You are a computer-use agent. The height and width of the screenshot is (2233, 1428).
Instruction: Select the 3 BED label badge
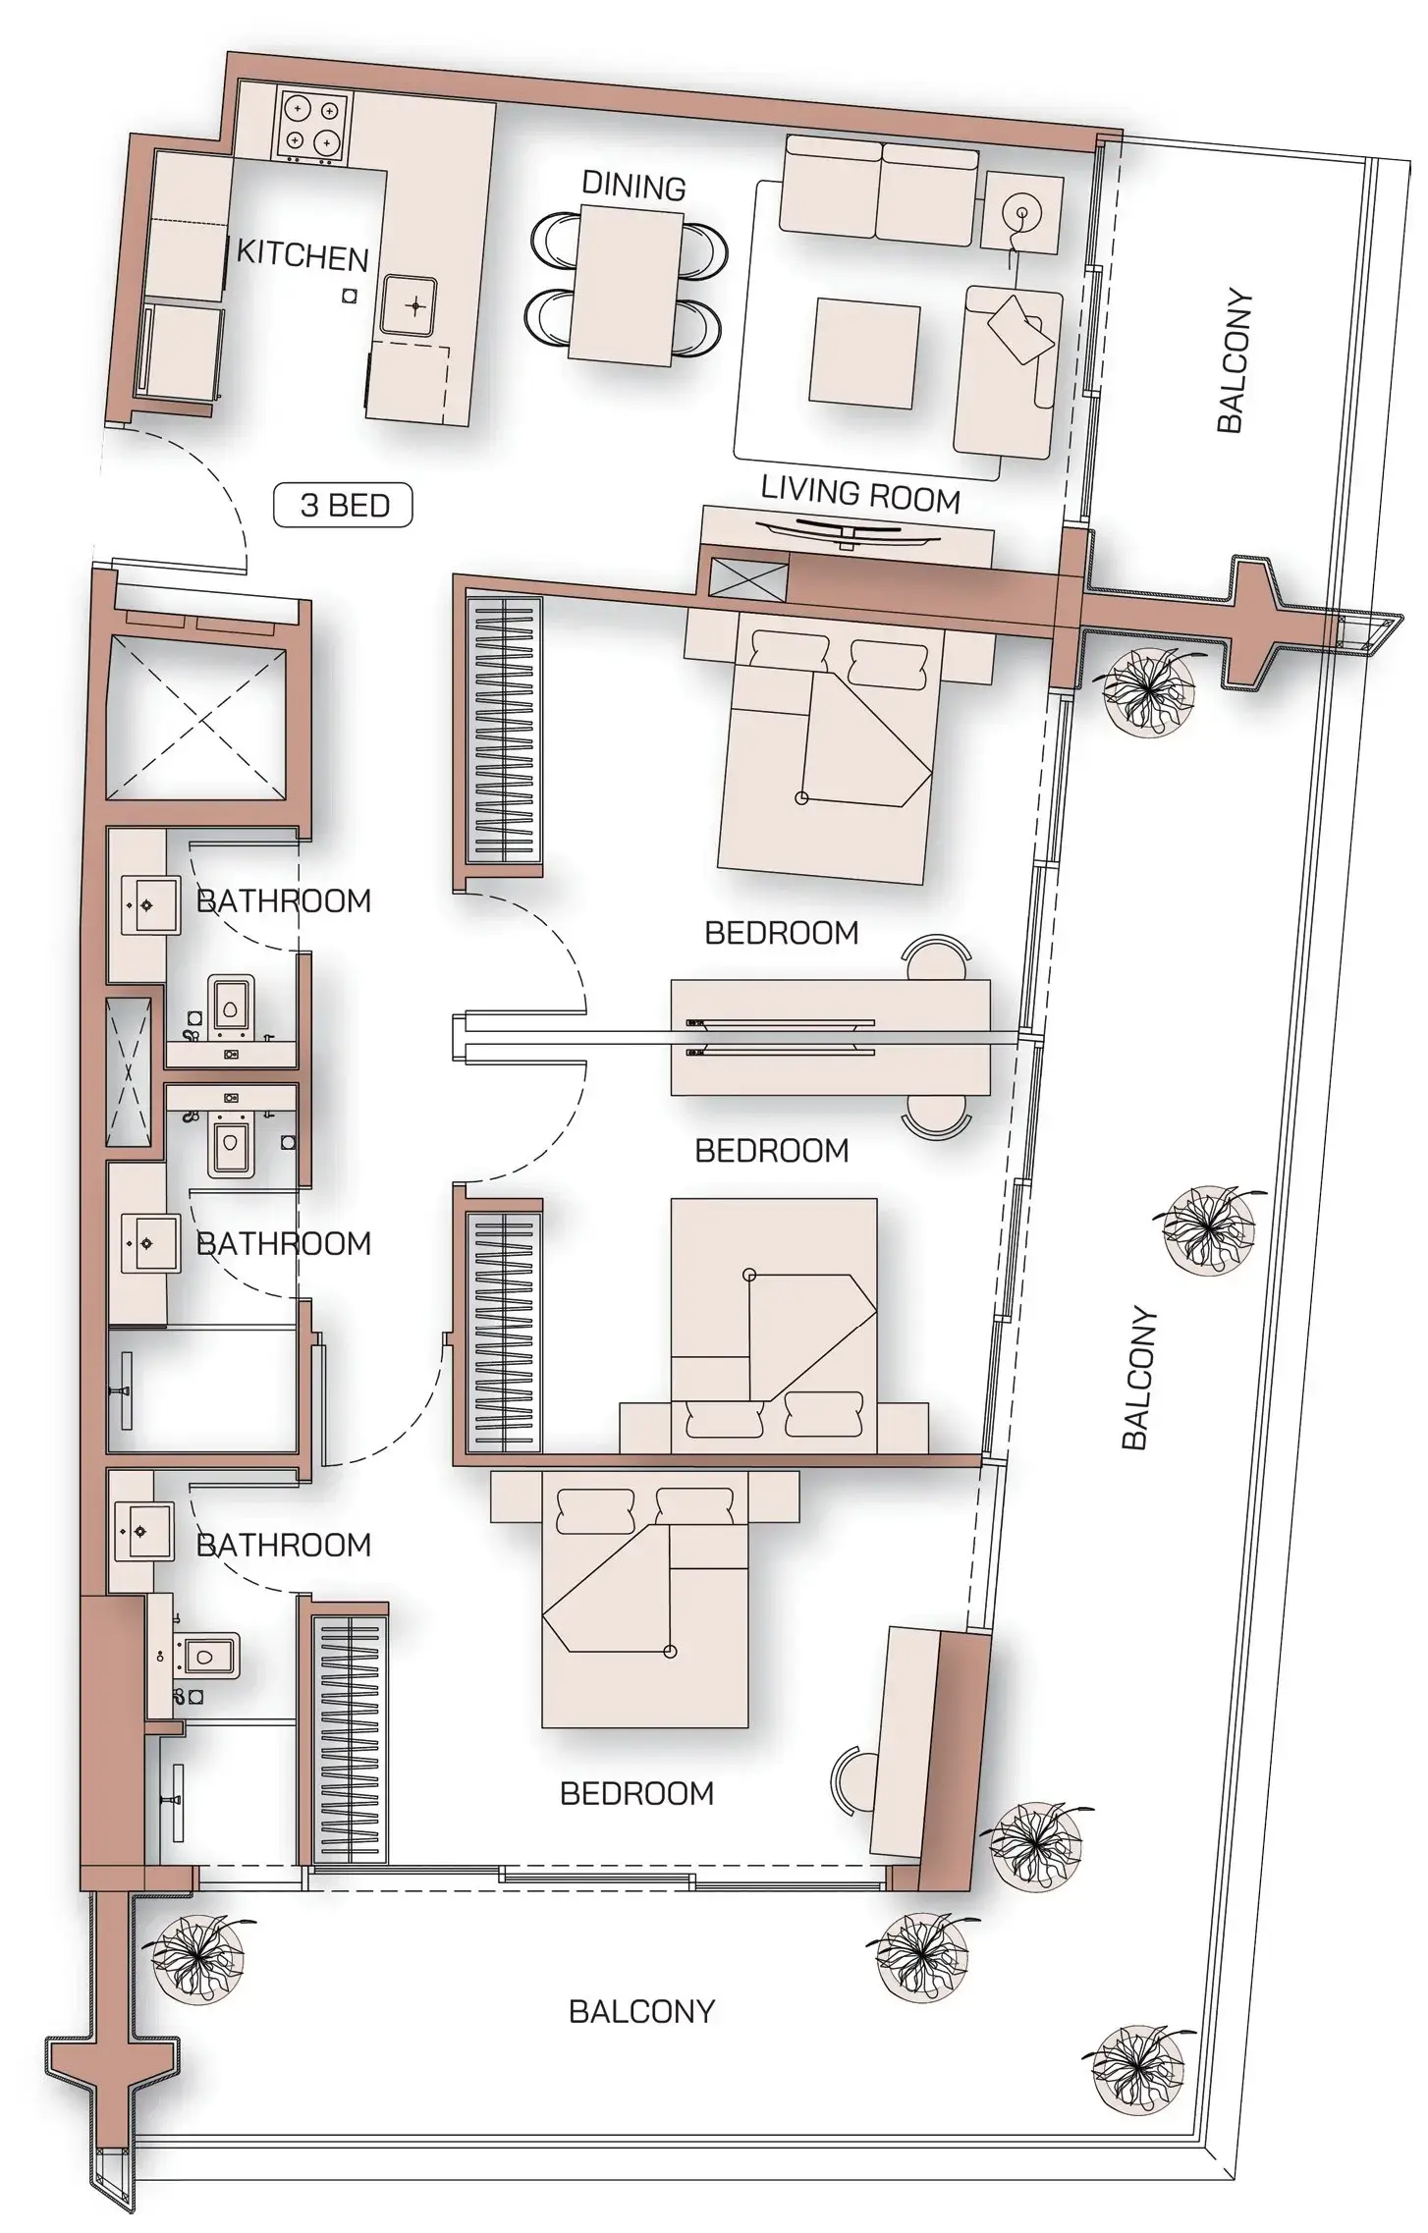(343, 506)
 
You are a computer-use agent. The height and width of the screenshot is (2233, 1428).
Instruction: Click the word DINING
(633, 186)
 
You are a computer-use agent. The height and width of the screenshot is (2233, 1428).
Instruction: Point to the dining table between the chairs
(629, 283)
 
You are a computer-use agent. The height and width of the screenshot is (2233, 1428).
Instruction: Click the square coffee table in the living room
(864, 350)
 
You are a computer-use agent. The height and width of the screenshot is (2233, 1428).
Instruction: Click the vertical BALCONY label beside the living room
(1235, 360)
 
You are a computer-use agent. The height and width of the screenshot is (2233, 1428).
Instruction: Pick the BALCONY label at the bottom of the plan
(641, 2011)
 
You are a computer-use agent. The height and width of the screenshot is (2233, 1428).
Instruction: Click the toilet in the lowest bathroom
(204, 1656)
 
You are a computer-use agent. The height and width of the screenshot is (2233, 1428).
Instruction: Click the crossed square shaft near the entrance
(200, 714)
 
